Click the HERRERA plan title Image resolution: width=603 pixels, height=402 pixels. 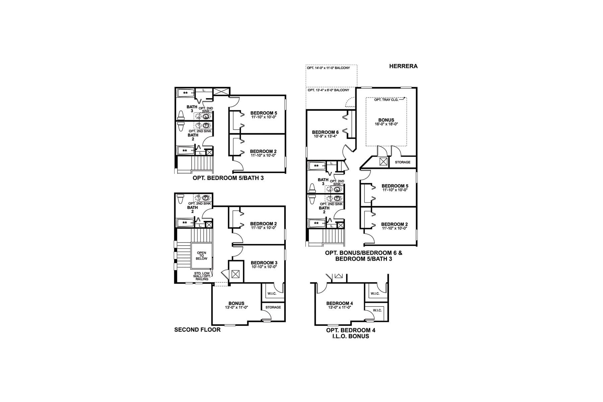[403, 66]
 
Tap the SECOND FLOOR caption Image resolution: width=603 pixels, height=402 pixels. [197, 330]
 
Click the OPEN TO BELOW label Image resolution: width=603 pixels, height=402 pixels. [202, 256]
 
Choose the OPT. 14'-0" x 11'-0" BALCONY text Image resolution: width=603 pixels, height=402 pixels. [328, 68]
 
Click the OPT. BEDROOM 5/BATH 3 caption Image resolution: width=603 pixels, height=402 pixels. [228, 178]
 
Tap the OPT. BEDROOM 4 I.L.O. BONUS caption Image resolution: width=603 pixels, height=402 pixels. [351, 333]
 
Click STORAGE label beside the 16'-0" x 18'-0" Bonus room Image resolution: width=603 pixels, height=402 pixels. [402, 162]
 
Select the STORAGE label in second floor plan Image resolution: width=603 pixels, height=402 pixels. [273, 307]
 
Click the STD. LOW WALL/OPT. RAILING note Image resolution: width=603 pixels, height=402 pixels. [202, 276]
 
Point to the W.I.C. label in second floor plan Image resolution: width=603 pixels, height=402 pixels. [272, 294]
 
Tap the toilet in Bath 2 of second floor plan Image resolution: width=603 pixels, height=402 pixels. [180, 199]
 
